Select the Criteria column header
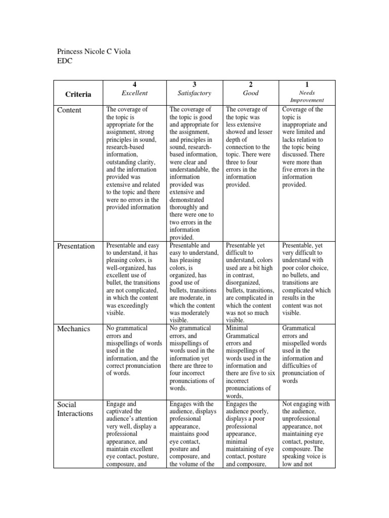[x=78, y=94]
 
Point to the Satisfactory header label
[x=194, y=93]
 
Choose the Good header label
[x=251, y=93]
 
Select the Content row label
[x=69, y=110]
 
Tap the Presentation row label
[x=76, y=246]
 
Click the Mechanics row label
[x=73, y=329]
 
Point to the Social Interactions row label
[x=75, y=409]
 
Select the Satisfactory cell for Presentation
[x=194, y=282]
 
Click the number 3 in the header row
[x=194, y=84]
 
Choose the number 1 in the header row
[x=307, y=84]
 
